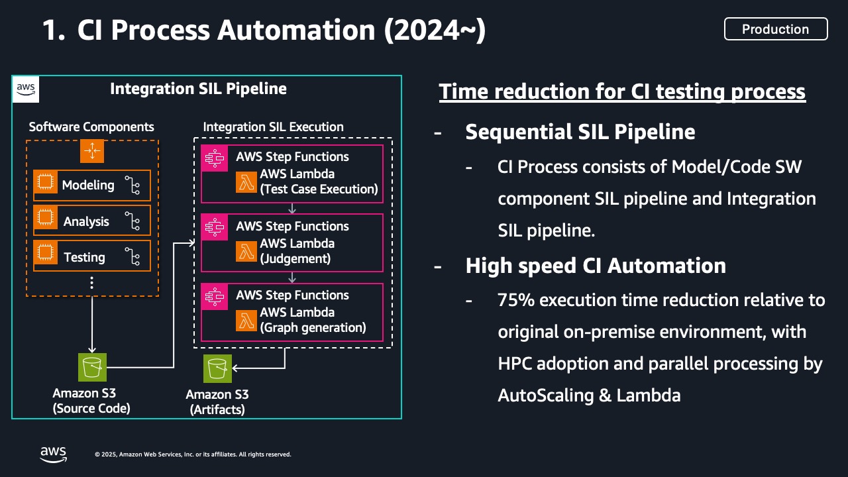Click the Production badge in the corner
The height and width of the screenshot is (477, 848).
tap(775, 29)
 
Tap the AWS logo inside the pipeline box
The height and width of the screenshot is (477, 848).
tap(26, 89)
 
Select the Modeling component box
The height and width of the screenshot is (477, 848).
tap(92, 185)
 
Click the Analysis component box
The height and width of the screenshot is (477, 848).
tap(92, 221)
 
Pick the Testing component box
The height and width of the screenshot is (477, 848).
tap(92, 257)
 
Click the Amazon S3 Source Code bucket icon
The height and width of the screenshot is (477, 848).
tap(92, 368)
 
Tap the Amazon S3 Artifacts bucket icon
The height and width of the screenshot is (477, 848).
tap(218, 368)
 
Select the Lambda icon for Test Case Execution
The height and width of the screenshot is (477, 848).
tap(246, 182)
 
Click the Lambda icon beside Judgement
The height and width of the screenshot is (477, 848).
tap(246, 251)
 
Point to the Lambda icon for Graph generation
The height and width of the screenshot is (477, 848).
tap(246, 320)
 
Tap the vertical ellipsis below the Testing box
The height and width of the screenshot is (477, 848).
tap(92, 284)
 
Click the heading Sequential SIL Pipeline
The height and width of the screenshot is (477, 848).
tap(580, 132)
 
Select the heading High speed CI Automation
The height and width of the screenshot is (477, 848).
tap(595, 266)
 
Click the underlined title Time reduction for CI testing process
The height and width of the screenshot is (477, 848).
tap(621, 91)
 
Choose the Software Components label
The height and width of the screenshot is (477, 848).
tap(91, 127)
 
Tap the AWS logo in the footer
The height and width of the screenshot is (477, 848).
tap(53, 454)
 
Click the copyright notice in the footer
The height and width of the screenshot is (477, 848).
tap(193, 454)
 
